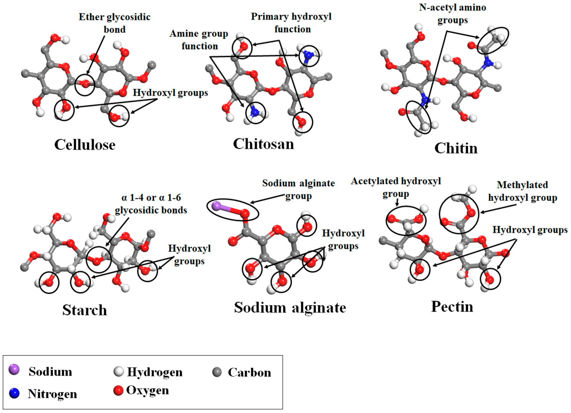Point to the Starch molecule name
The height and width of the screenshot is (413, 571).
(85, 310)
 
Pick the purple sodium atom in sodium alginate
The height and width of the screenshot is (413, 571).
(216, 206)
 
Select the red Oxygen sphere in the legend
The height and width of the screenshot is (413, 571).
(118, 391)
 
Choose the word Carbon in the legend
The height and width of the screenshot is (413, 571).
(249, 372)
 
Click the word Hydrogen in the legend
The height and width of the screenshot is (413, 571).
(155, 372)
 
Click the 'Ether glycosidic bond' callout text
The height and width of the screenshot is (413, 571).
(115, 23)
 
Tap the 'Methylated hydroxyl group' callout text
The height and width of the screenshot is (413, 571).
(522, 191)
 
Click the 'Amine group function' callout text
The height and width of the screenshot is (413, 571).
(199, 40)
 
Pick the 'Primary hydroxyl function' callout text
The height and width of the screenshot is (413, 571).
(291, 23)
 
